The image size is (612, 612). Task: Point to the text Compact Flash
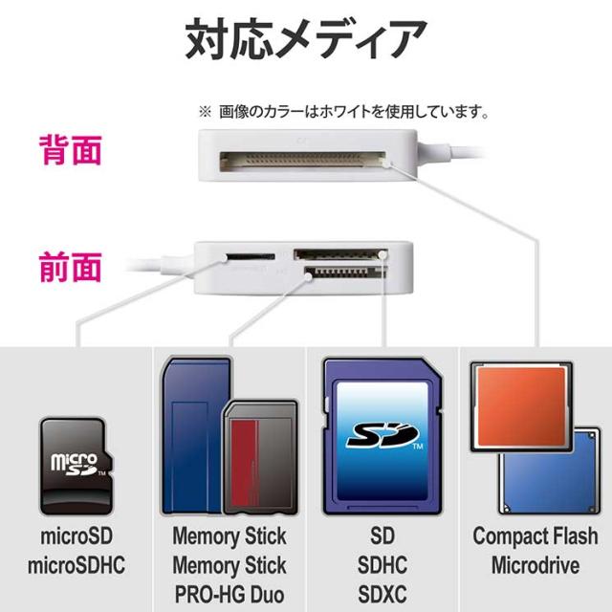pos(535,536)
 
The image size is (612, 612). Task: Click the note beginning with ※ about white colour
pos(344,112)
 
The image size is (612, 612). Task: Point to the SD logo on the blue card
pos(380,435)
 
